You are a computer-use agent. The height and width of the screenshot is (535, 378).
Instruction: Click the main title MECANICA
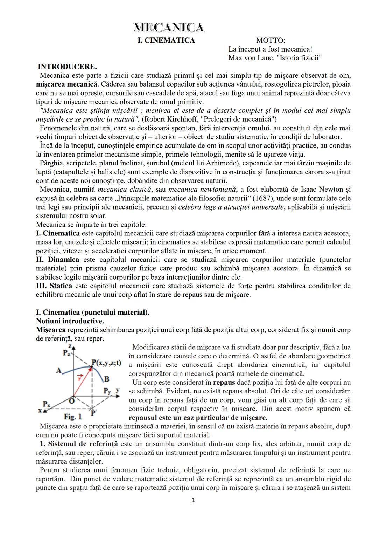tap(169, 28)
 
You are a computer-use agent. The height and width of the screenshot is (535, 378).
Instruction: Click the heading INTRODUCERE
tap(67, 67)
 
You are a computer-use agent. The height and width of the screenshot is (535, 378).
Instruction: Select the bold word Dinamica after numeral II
tap(63, 260)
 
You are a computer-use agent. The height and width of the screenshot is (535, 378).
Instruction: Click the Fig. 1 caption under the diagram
tap(73, 417)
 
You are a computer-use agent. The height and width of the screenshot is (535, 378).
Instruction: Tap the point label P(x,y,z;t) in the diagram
tap(106, 363)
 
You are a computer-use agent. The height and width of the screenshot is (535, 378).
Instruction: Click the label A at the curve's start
tap(58, 370)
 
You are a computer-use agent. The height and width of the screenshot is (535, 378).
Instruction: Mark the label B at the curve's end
tap(107, 379)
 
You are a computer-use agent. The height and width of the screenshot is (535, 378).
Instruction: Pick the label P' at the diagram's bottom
tap(94, 413)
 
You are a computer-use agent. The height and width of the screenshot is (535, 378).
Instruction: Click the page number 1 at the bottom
tap(194, 500)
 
